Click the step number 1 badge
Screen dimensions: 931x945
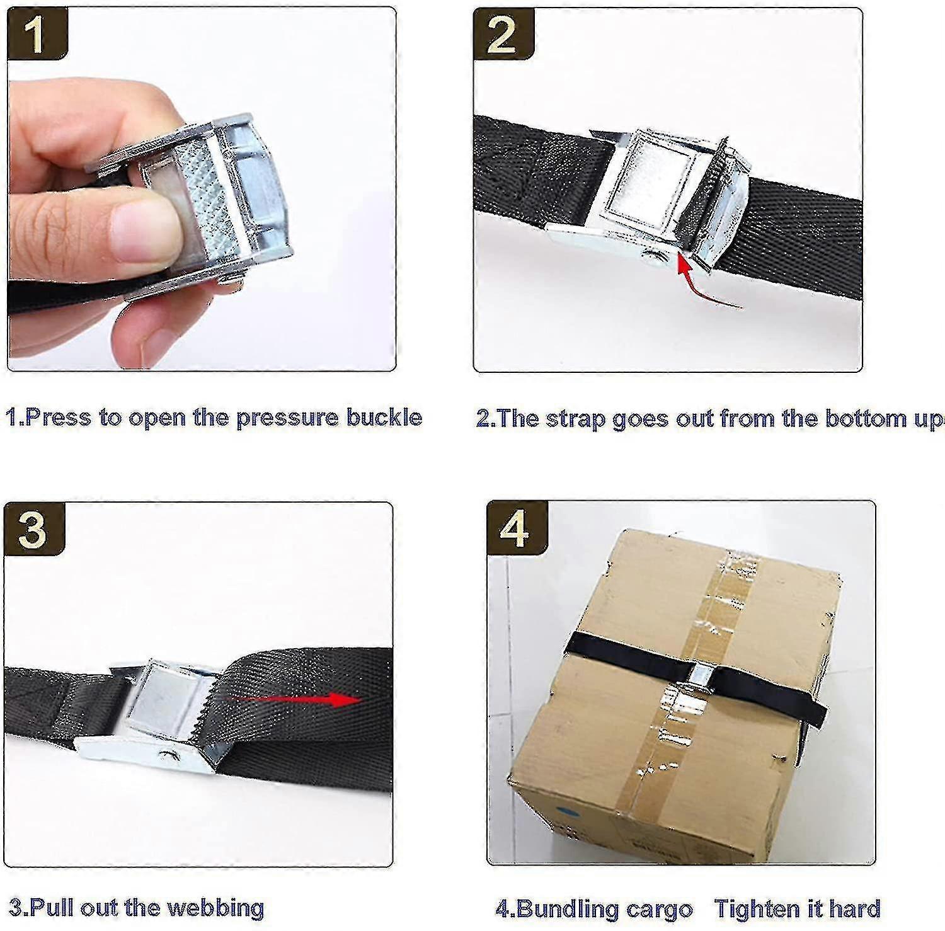(37, 35)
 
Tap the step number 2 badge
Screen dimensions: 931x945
(502, 35)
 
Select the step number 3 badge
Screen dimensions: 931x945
(33, 528)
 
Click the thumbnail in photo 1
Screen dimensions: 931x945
(142, 231)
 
